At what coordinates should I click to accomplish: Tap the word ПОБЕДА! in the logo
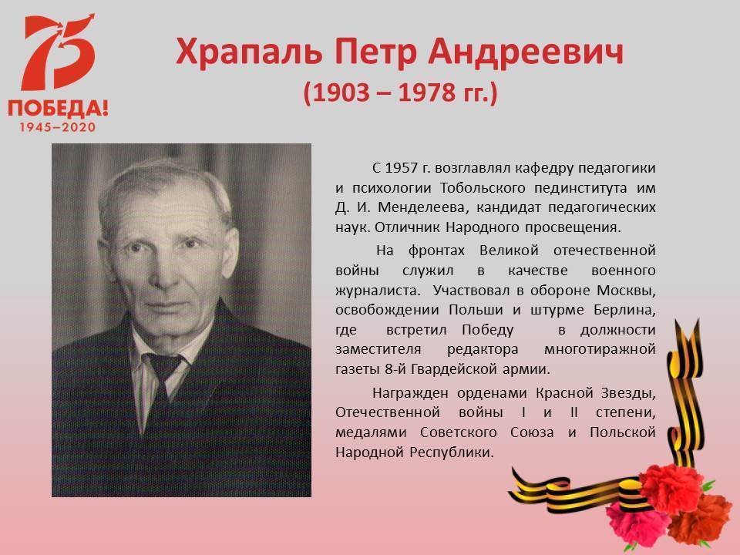58,109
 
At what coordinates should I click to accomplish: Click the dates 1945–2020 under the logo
58,127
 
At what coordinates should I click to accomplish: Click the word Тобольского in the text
483,188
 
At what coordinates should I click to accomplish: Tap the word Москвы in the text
626,291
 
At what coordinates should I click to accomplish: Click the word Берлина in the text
625,311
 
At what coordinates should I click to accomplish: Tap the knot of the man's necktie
163,366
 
